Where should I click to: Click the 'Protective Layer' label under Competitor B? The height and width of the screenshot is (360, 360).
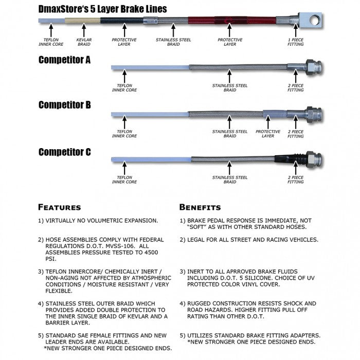[268, 134]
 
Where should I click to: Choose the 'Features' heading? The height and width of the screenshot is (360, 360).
[60, 207]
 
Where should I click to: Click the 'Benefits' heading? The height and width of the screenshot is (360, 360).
[200, 207]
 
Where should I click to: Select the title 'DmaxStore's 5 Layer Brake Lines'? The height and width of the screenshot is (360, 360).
[102, 9]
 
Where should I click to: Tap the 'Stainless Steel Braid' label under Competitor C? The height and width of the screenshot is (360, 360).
[230, 179]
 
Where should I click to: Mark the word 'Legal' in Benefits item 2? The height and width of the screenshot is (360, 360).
[197, 240]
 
